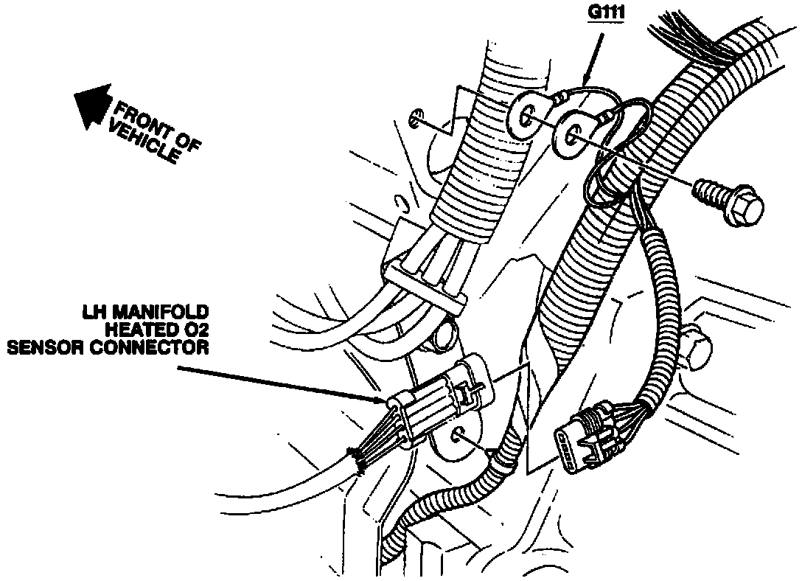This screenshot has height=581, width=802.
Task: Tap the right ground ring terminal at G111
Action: [572, 135]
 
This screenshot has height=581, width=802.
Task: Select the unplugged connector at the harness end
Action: [586, 435]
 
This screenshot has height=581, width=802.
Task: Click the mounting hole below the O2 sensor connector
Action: [457, 435]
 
